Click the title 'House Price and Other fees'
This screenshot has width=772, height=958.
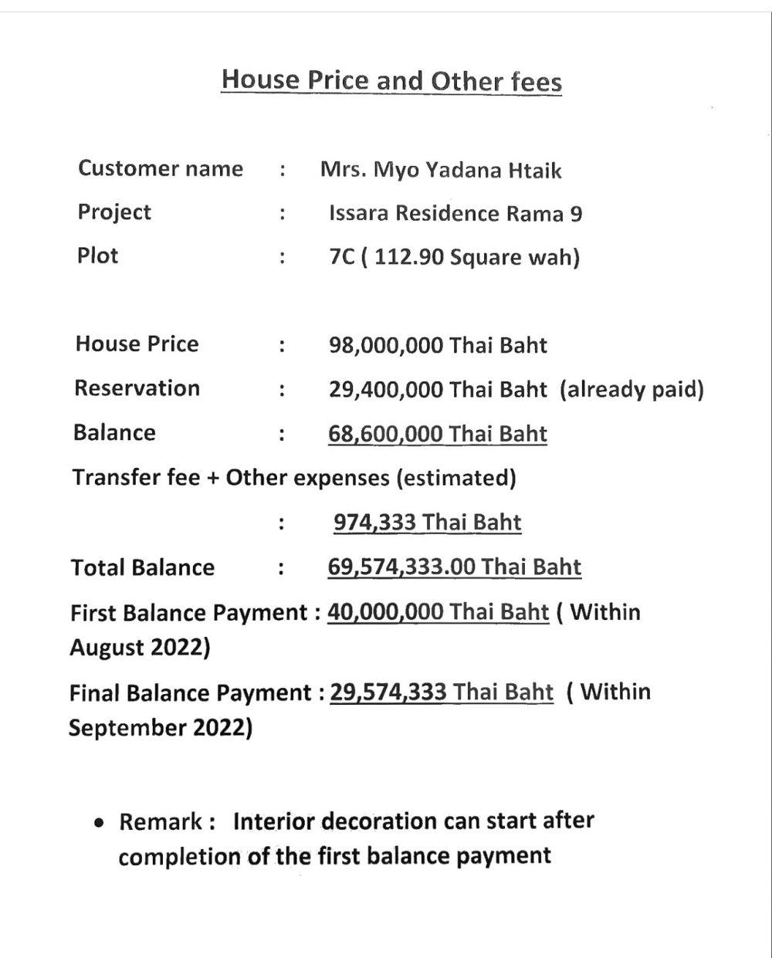tap(391, 80)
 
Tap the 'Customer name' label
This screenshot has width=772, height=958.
tap(160, 168)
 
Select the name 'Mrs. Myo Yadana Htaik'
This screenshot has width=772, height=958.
tap(441, 170)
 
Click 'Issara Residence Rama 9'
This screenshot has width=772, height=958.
tap(455, 213)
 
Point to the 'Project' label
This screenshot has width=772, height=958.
tap(114, 212)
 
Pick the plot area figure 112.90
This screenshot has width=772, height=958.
tap(411, 256)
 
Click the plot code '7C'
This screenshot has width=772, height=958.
tap(342, 256)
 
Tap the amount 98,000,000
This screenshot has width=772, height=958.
tap(386, 345)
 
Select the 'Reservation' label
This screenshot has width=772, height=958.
tap(137, 388)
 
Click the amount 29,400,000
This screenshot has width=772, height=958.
tap(386, 389)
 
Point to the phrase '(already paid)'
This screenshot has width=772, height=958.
tap(632, 389)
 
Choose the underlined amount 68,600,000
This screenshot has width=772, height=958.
tap(386, 433)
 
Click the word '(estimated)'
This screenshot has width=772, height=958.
tap(455, 478)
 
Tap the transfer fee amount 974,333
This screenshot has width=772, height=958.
tap(375, 523)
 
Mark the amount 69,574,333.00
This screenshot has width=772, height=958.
tap(401, 567)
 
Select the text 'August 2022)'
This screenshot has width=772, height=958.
tap(140, 647)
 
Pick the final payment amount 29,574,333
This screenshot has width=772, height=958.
tap(388, 691)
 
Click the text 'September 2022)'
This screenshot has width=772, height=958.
tap(161, 727)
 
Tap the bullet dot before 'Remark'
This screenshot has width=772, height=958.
tap(99, 823)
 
